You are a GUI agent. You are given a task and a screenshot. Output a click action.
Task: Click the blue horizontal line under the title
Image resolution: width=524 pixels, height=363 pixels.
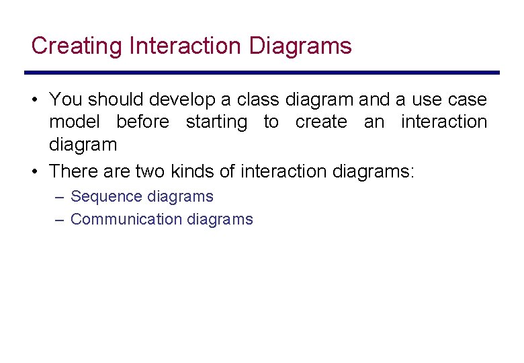click(x=262, y=73)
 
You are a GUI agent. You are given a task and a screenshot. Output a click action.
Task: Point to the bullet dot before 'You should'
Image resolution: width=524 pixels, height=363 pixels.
click(x=34, y=100)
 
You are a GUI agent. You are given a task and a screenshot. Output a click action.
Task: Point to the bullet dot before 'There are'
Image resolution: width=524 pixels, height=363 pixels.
click(x=34, y=171)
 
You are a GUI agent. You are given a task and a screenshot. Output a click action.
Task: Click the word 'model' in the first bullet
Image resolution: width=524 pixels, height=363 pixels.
click(x=74, y=122)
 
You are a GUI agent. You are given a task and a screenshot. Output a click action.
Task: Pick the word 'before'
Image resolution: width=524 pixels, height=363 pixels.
click(x=142, y=122)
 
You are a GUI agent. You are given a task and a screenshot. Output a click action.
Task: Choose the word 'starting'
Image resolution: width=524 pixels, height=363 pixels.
click(x=216, y=122)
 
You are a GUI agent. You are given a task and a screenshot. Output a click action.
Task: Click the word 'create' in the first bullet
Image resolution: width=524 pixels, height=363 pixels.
click(x=321, y=122)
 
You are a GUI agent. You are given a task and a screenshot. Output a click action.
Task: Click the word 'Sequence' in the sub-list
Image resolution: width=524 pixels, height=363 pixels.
click(x=104, y=196)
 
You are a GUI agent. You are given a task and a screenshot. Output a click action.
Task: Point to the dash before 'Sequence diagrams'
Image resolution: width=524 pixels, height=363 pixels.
click(x=60, y=197)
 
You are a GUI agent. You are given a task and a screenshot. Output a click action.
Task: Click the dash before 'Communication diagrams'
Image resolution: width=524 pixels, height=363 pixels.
click(x=60, y=220)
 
